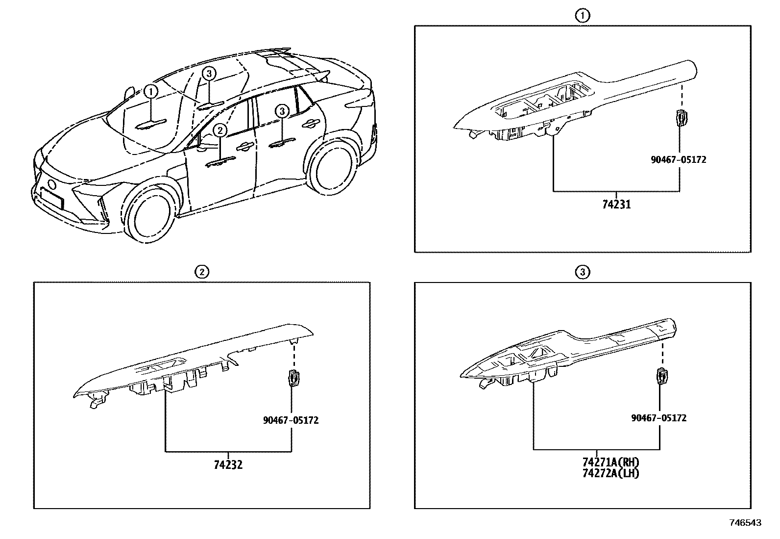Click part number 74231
(616, 204)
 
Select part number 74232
(228, 464)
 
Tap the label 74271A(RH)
(611, 462)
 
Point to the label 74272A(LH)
(611, 473)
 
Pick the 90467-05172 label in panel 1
(679, 159)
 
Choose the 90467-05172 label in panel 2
(291, 420)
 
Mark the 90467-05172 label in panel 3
(658, 418)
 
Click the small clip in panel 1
(681, 118)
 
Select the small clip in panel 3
(662, 376)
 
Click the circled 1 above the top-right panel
(582, 16)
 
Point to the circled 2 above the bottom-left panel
(201, 271)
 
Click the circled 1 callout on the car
(151, 91)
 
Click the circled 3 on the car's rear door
(282, 112)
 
